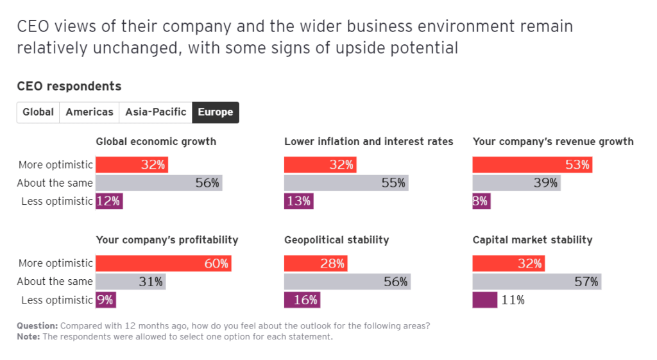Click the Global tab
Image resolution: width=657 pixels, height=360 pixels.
[x=38, y=112]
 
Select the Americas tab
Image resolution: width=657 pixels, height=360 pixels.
[x=89, y=112]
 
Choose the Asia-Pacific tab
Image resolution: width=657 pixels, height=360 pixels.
[x=156, y=112]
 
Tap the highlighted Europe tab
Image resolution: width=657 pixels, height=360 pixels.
[x=216, y=112]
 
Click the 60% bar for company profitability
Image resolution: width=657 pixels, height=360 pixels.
[x=163, y=263]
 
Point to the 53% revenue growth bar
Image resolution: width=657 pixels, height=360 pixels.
[x=533, y=165]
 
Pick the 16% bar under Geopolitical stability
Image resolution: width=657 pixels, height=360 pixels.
[x=302, y=300]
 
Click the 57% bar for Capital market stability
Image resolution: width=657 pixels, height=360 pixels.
[x=537, y=282]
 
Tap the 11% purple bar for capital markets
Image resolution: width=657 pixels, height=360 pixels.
[x=485, y=300]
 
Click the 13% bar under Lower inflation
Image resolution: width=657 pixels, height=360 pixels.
[x=299, y=201]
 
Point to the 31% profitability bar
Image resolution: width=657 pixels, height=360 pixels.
[x=130, y=282]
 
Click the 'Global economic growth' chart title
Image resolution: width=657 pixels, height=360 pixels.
[x=156, y=141]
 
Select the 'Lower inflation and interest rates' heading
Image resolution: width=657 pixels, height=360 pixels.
[x=369, y=141]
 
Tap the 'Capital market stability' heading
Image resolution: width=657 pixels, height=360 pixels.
[x=533, y=240]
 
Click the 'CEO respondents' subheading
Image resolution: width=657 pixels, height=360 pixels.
[x=69, y=86]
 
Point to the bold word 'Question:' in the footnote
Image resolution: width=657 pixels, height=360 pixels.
[x=37, y=325]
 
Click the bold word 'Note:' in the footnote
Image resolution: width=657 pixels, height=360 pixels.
[x=28, y=336]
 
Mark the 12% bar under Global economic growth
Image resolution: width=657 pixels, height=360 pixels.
[x=109, y=201]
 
